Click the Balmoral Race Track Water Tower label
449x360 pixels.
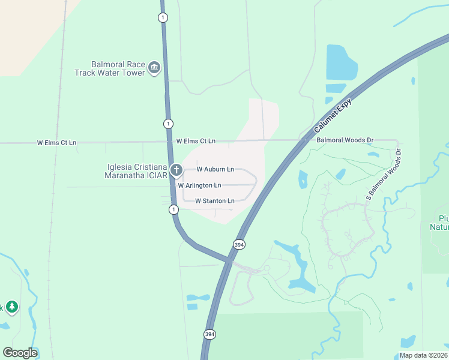[118, 68]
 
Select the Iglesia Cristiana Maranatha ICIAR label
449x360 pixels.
[134, 171]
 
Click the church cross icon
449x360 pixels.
[176, 170]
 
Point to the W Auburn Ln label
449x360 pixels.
[215, 170]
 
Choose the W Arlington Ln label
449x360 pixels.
[199, 185]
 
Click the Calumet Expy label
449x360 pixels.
[332, 116]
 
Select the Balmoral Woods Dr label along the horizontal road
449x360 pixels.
[345, 140]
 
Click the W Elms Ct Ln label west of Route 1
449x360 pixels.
[56, 143]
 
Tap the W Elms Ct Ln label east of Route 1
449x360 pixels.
[196, 140]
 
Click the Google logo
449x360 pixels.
[20, 353]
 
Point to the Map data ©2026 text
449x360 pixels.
[423, 355]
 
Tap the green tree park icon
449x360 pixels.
[12, 307]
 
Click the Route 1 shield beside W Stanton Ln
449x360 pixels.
[173, 209]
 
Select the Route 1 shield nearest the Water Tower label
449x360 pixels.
[163, 17]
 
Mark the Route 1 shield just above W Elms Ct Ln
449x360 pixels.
[168, 124]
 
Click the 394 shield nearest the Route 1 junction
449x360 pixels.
[239, 244]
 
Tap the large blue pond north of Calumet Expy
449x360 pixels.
[340, 63]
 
